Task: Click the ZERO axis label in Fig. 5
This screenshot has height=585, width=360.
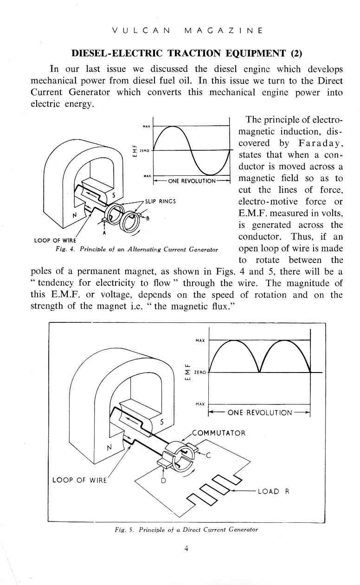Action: [x=200, y=373]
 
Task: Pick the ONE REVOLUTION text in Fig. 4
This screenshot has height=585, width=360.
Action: [x=191, y=181]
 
